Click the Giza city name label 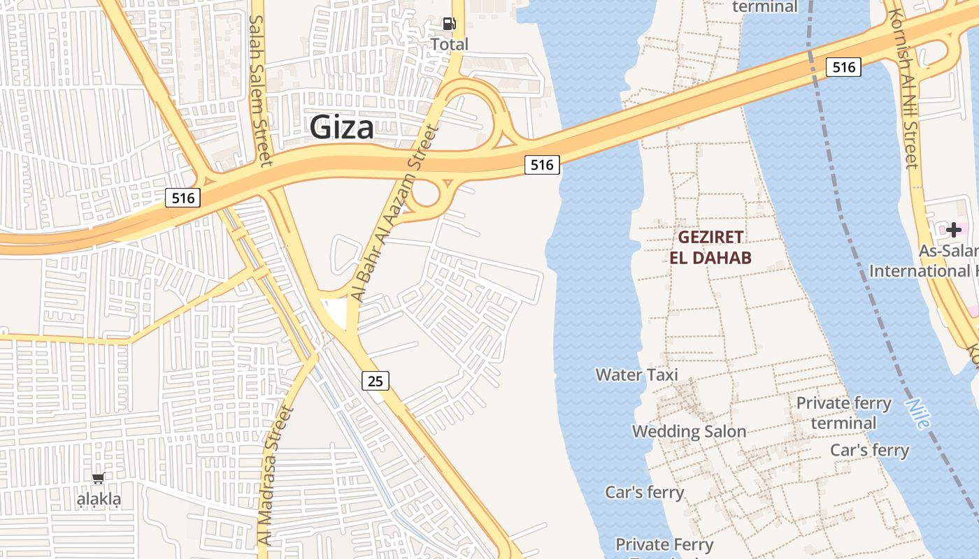(341, 128)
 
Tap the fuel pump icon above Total (449, 24)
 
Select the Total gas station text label (449, 45)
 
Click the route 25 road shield (376, 381)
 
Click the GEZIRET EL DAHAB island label (710, 247)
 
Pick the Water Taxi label (636, 375)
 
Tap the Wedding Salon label (689, 432)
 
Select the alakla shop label (99, 500)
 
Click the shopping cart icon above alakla (99, 479)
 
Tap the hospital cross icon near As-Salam (953, 229)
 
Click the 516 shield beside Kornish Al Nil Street (843, 67)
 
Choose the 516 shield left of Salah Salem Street (183, 198)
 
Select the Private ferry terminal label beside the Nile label (843, 413)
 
